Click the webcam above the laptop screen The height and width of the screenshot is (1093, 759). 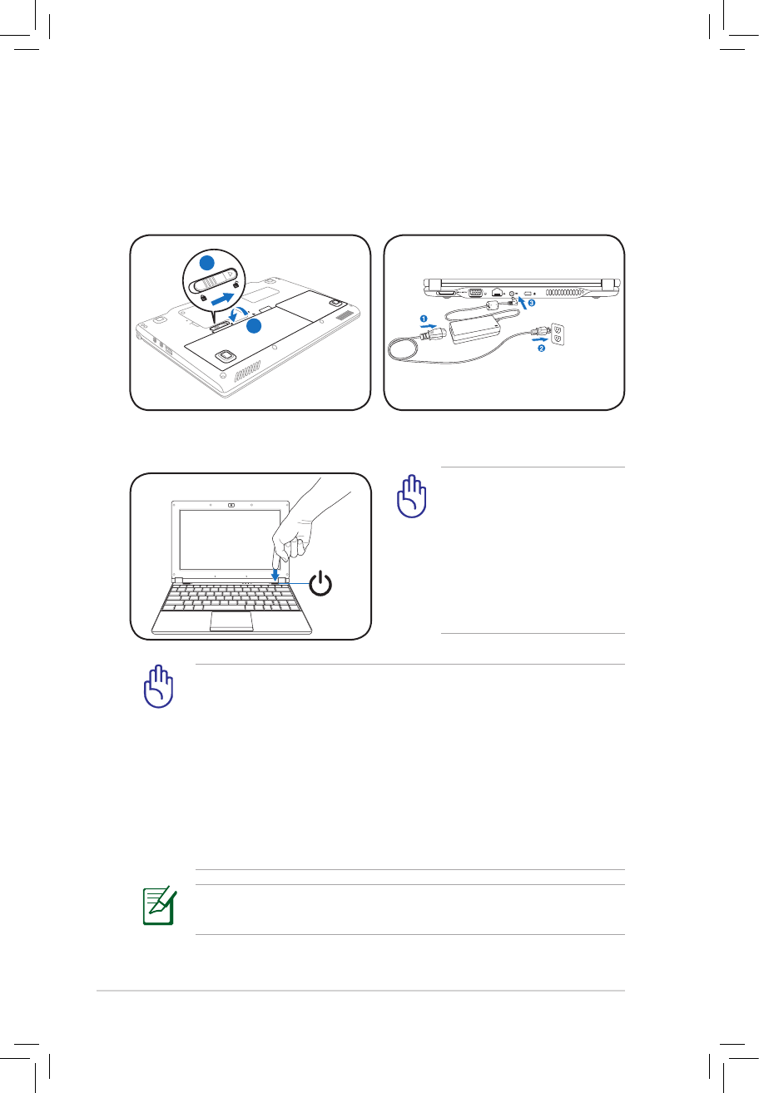tap(231, 504)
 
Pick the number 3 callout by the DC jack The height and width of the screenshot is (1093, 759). tap(532, 304)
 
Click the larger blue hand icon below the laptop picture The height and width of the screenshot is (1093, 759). tap(157, 690)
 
